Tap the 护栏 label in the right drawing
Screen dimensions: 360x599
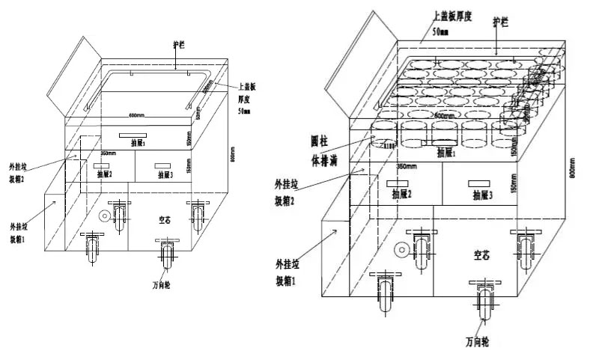coord(499,22)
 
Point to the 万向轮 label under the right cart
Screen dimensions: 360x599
coord(477,341)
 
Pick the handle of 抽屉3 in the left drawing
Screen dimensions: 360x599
coord(163,164)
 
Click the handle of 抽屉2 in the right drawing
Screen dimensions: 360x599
coord(398,183)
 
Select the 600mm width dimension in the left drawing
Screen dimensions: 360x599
coord(135,115)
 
